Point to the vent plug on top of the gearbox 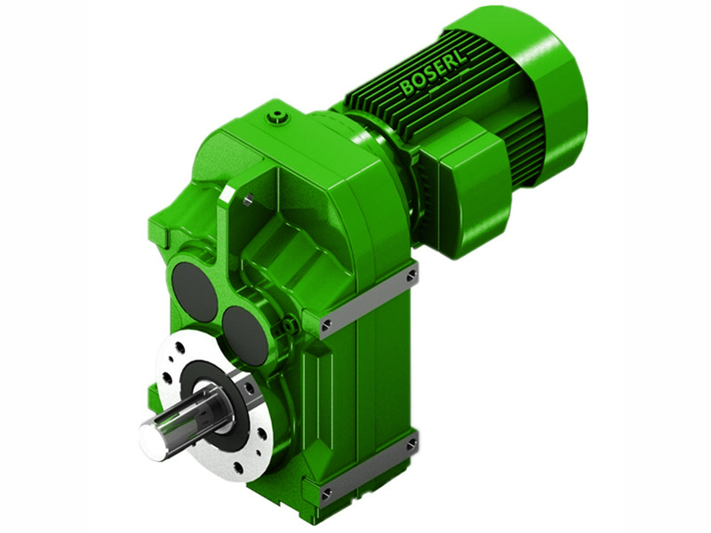(280, 116)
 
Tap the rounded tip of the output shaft (152, 441)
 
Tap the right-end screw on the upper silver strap (411, 277)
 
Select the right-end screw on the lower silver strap (411, 443)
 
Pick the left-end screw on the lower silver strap (327, 491)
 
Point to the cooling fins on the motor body (418, 107)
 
